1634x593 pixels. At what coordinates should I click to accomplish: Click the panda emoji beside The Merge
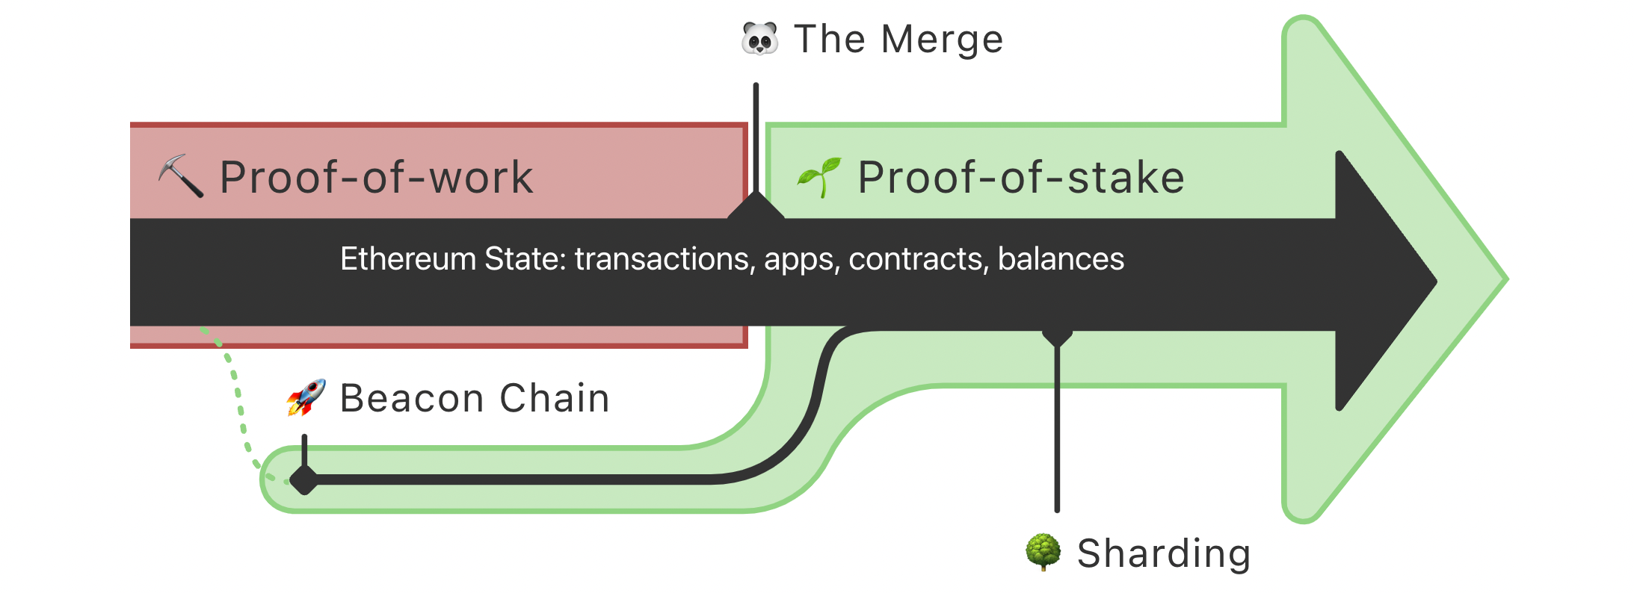[759, 39]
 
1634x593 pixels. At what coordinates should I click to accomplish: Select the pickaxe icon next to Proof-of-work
[180, 176]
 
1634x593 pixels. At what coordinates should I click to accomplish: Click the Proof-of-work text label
[376, 178]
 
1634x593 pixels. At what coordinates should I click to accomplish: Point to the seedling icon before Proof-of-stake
[819, 177]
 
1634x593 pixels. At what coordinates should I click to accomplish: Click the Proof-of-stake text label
[1020, 178]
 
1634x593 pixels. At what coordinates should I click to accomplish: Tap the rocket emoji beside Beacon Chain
[306, 397]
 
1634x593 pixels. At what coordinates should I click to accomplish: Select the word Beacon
[412, 398]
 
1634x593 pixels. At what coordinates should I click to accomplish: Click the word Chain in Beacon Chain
[554, 398]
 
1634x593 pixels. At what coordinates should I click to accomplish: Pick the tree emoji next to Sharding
[1043, 553]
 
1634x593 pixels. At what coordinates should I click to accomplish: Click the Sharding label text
[1164, 553]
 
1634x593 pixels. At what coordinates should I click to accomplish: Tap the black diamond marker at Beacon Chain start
[304, 479]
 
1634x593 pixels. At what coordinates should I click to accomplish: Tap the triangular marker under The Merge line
[756, 206]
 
